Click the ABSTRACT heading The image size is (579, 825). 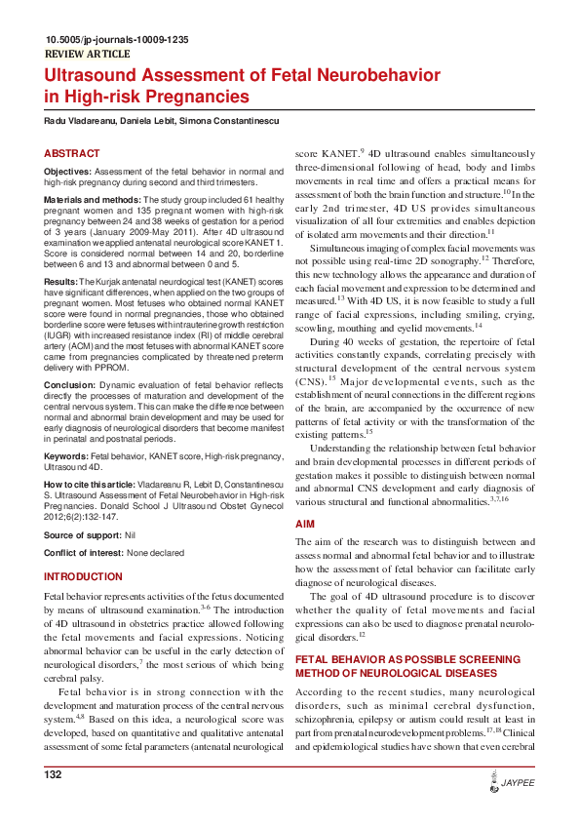tap(71, 154)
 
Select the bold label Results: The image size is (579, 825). tap(60, 281)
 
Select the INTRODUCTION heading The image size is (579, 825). tap(83, 577)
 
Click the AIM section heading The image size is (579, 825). tap(304, 525)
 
